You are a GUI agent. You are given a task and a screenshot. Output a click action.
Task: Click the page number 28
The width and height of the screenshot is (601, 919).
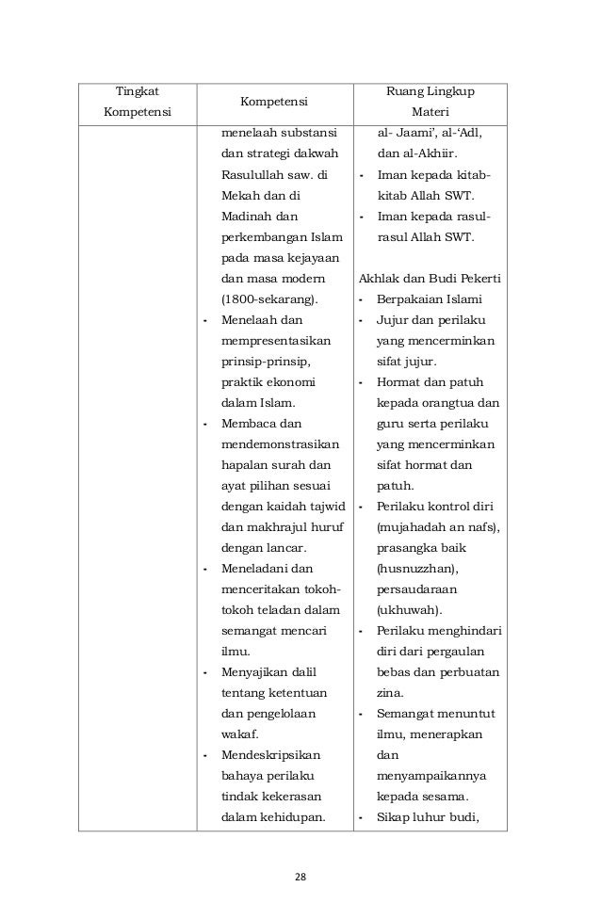pos(300,878)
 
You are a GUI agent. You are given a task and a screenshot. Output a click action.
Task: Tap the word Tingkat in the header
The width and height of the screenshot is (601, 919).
pos(137,91)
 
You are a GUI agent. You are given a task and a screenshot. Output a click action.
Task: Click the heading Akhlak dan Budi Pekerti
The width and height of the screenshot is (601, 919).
pos(430,279)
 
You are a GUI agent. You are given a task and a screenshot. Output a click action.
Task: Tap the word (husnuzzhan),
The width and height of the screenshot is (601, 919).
pos(411,569)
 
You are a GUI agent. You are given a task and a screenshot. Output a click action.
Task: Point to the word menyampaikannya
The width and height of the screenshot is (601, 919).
pos(430,776)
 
